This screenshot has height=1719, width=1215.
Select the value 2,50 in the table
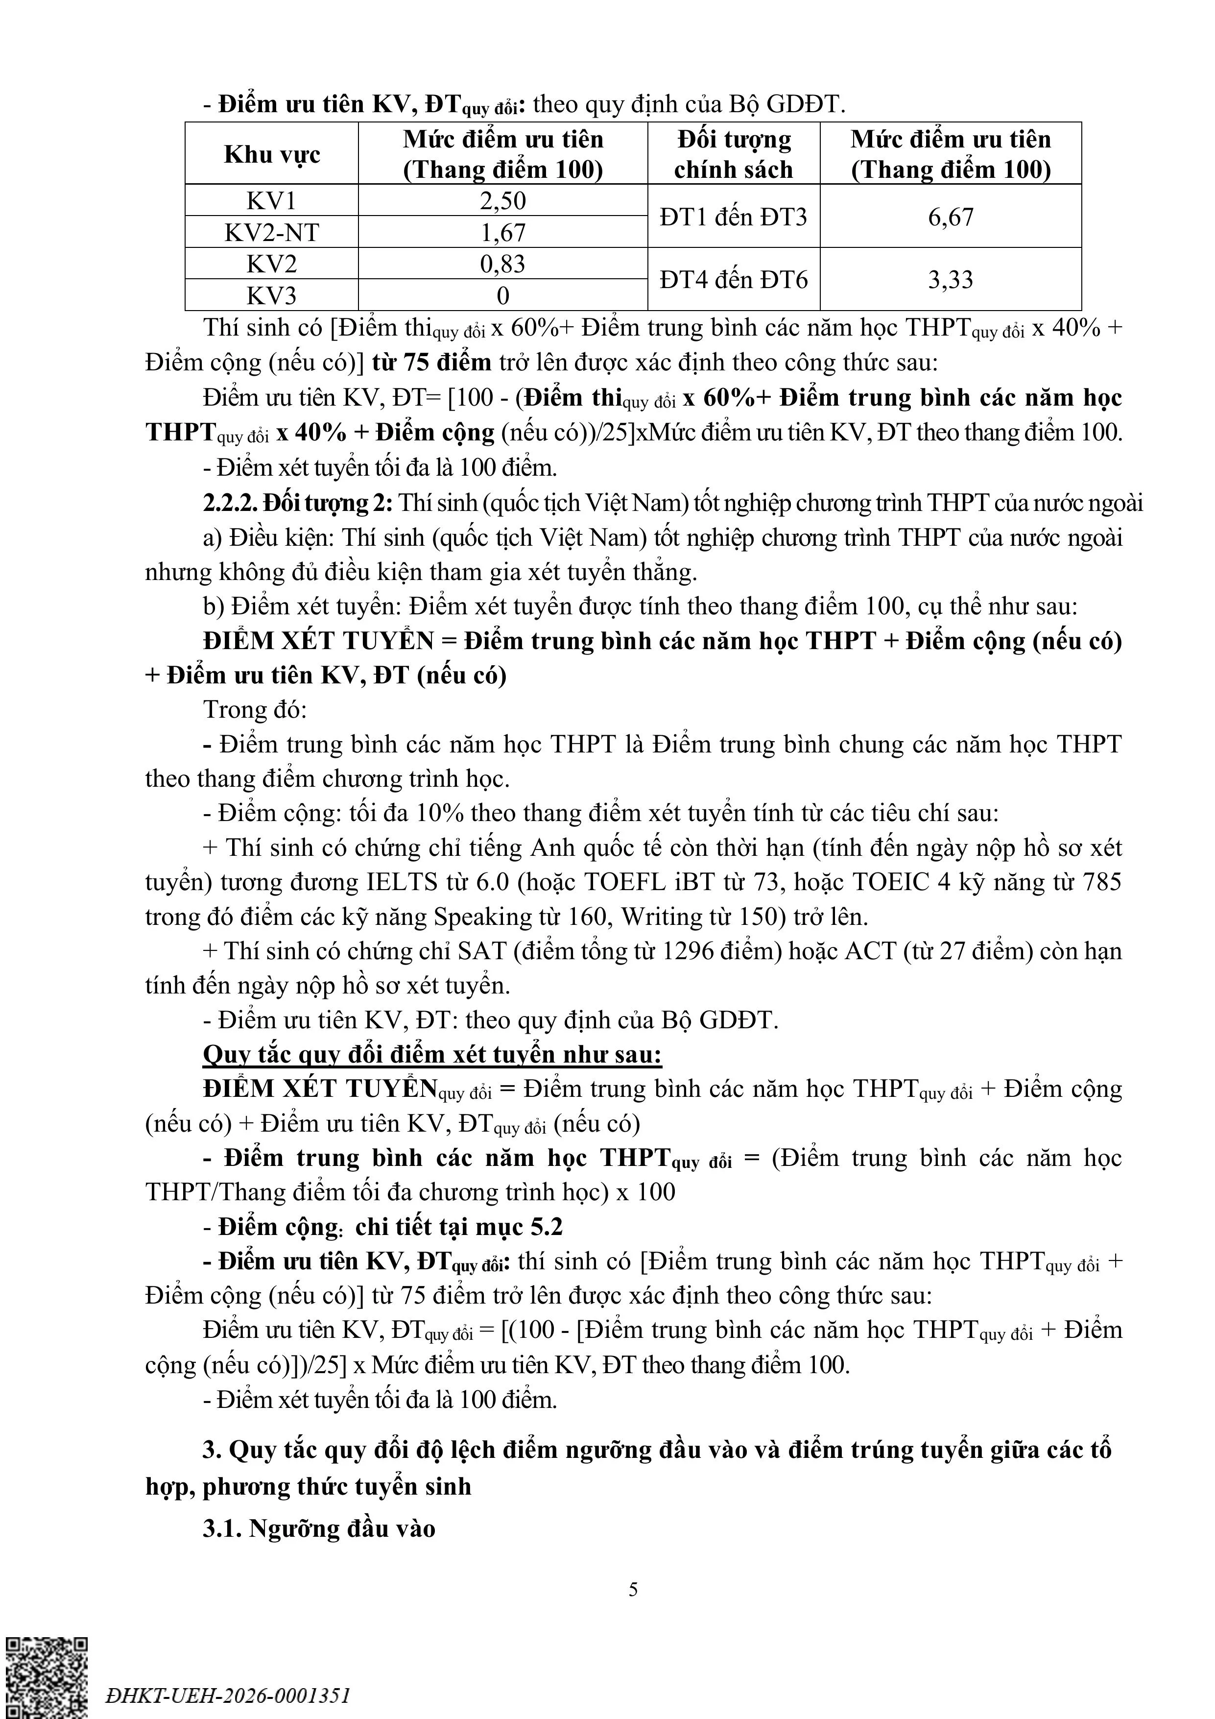tap(502, 201)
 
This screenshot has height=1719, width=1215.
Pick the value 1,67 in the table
tap(502, 233)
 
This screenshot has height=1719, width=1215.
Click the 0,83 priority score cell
tap(502, 264)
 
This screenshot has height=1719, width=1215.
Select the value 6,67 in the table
tap(950, 217)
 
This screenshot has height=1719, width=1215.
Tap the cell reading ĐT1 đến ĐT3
tap(733, 217)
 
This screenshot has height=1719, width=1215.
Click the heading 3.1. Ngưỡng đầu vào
tap(319, 1528)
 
